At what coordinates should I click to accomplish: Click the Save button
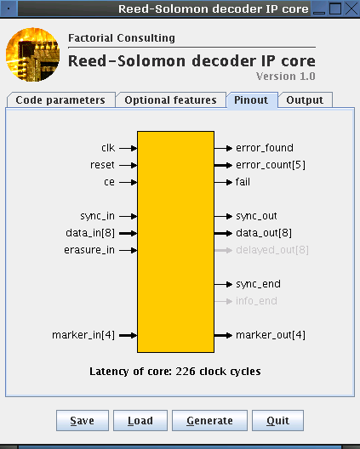[x=83, y=420]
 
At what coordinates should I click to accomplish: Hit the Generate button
[x=209, y=420]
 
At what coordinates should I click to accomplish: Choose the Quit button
[x=277, y=420]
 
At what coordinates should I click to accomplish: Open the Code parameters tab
[x=60, y=100]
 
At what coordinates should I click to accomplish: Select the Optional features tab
[x=171, y=100]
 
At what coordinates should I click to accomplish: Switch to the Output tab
[x=305, y=100]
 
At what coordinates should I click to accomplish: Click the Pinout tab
[x=252, y=100]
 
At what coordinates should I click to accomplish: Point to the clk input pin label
[x=108, y=148]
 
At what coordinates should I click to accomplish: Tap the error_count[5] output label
[x=271, y=165]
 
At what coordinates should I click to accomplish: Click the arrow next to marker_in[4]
[x=129, y=335]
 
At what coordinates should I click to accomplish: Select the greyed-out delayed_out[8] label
[x=272, y=250]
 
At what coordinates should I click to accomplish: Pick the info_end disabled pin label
[x=256, y=301]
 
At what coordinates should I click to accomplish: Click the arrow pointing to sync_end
[x=223, y=284]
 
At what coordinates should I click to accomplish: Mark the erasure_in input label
[x=89, y=250]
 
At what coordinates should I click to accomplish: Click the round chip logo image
[x=32, y=54]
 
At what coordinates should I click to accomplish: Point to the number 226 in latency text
[x=186, y=371]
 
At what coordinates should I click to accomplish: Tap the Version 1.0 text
[x=286, y=77]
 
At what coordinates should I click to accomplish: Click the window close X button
[x=351, y=9]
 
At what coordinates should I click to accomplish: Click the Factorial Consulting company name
[x=122, y=38]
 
